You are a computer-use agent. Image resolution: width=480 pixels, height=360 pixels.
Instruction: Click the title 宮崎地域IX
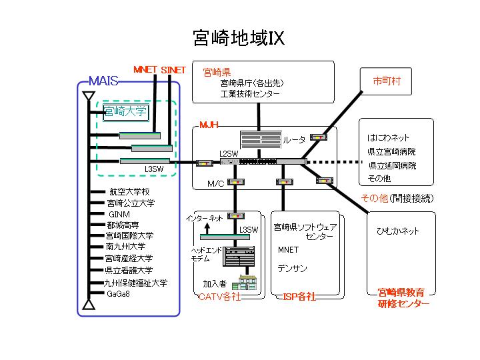(238, 38)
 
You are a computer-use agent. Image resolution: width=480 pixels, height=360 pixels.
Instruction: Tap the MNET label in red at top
(145, 69)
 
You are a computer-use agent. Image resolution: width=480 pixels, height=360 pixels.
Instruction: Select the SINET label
(173, 69)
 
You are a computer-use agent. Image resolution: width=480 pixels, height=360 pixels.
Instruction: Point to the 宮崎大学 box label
(125, 111)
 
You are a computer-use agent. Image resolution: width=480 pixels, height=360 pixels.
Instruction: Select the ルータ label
(294, 140)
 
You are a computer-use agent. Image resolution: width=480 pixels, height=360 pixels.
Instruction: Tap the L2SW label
(228, 154)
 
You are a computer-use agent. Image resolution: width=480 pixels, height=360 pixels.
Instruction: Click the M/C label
(215, 183)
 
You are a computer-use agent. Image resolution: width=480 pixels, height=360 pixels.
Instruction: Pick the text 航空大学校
(129, 192)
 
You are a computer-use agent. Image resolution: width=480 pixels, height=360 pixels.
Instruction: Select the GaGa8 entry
(118, 294)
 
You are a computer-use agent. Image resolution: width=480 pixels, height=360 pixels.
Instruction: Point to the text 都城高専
(123, 225)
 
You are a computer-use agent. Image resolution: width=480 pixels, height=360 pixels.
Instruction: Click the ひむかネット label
(398, 231)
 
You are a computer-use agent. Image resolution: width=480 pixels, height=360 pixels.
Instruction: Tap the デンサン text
(292, 269)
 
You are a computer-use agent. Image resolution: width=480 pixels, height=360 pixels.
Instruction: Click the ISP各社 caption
(299, 296)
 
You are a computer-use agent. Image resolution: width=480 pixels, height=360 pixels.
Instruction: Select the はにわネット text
(388, 137)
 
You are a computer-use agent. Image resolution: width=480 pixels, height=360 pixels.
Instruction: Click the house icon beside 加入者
(247, 283)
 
